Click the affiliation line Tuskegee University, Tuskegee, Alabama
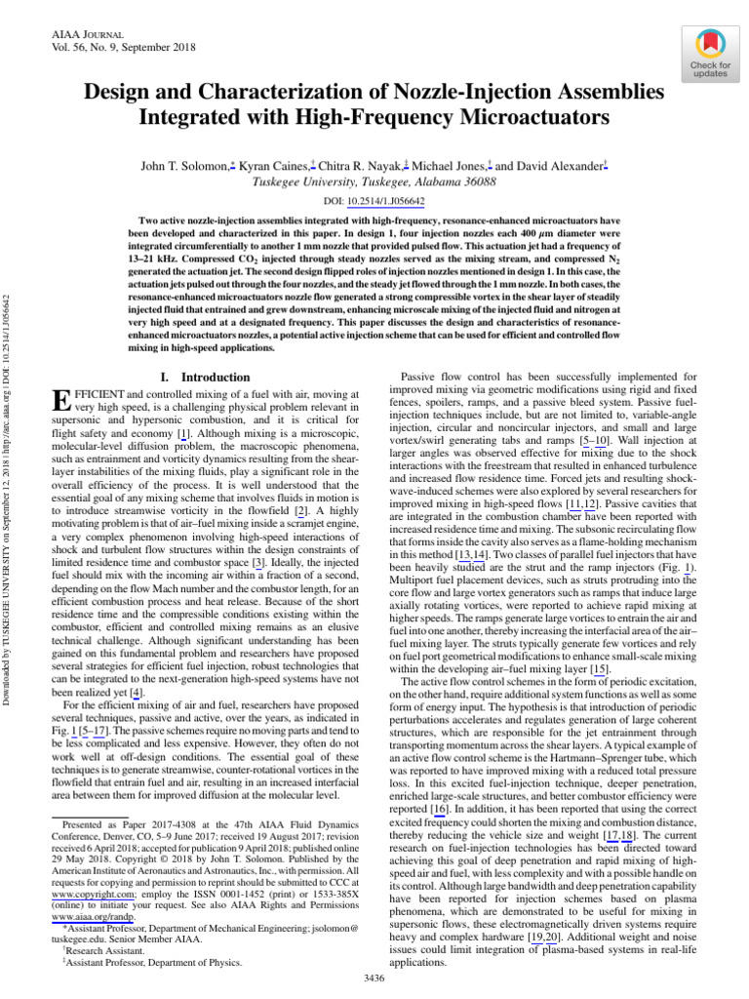point(374,181)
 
